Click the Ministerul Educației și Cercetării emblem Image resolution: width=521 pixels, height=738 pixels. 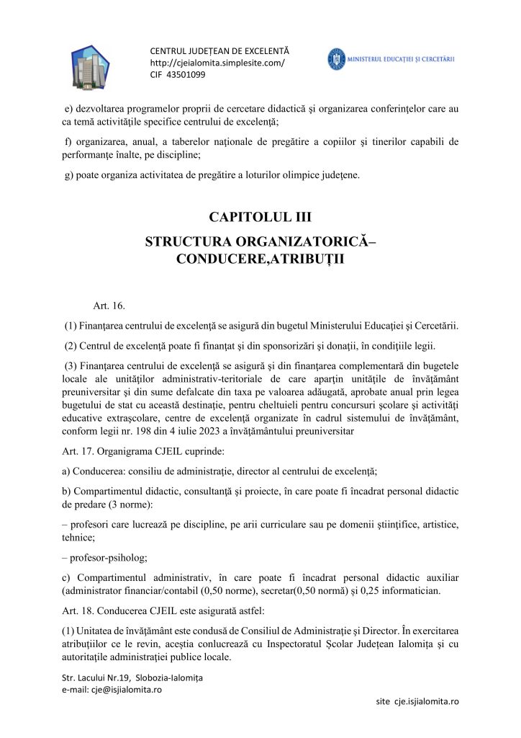[336, 59]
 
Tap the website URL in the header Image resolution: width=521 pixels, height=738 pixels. [217, 63]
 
